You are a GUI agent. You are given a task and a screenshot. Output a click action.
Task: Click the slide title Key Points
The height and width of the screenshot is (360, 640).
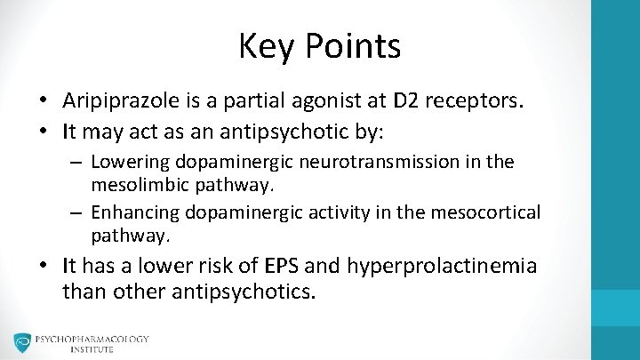point(319,46)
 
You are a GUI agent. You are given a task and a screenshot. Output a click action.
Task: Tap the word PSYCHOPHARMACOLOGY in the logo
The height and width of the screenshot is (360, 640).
point(92,340)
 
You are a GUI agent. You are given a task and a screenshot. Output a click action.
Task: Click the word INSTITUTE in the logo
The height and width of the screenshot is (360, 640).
point(92,350)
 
